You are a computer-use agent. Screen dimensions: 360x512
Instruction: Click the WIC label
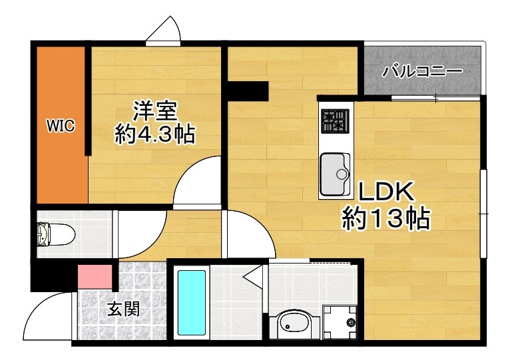click(59, 124)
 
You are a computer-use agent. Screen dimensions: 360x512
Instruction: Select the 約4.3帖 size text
click(154, 135)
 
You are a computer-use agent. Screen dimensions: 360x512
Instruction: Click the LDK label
click(387, 193)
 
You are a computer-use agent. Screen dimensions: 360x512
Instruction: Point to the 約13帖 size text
click(385, 218)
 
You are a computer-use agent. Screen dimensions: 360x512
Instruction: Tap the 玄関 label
click(124, 309)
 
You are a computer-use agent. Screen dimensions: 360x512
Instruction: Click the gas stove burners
click(335, 120)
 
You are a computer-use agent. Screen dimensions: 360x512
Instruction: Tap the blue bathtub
click(192, 303)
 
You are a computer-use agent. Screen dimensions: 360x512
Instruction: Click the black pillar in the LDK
click(248, 90)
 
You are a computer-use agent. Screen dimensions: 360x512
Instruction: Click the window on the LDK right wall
click(484, 212)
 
